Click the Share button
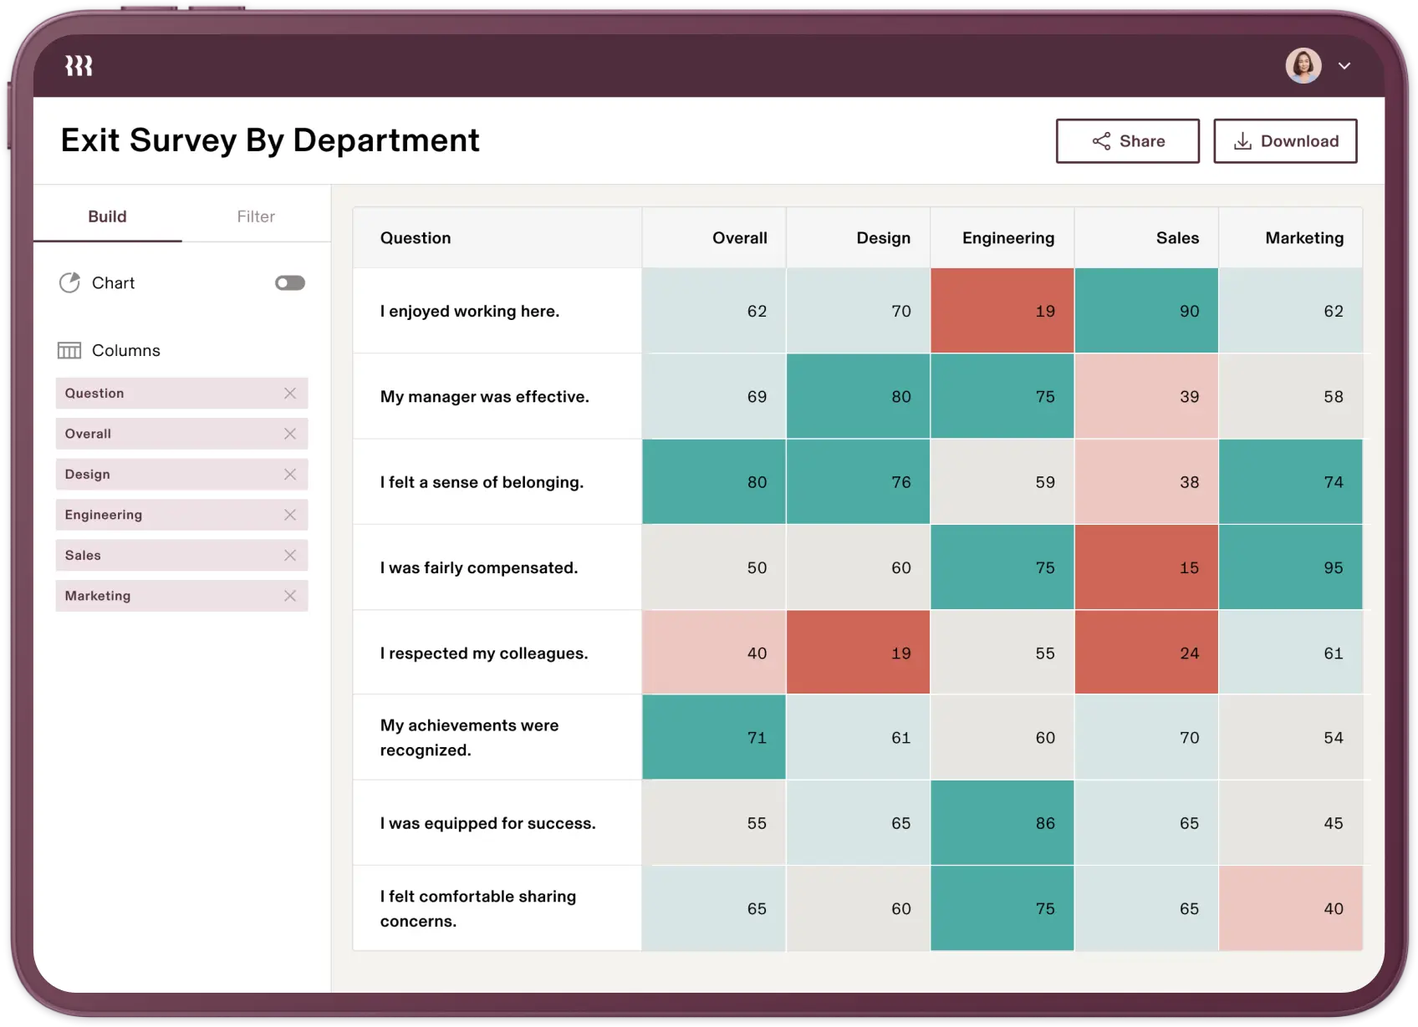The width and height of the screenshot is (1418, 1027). coord(1127,141)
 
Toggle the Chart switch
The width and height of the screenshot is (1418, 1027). coord(290,283)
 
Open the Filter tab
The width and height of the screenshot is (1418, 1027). coord(256,216)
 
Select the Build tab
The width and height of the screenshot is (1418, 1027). coord(107,216)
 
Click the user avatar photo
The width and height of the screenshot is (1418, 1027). coord(1303,65)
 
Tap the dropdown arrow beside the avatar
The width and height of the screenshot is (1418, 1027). coord(1344,66)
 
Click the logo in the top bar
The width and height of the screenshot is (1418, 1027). coord(79,66)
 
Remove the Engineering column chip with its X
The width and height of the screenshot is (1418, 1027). coord(290,515)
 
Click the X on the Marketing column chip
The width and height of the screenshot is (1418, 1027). coord(290,596)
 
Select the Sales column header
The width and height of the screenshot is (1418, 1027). coord(1177,238)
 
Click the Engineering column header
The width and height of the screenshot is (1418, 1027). coord(1007,238)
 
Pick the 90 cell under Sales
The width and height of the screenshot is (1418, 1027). coord(1146,311)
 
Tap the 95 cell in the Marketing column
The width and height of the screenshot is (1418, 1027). coord(1290,567)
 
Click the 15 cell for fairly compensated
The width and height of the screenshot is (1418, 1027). coord(1146,567)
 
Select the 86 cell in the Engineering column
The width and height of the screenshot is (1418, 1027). coord(1002,823)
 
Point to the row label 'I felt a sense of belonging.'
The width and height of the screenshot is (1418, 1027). coord(482,482)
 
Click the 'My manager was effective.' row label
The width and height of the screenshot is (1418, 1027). coord(484,397)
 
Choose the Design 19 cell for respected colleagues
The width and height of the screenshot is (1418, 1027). coord(858,653)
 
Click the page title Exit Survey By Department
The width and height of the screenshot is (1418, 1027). coord(270,140)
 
